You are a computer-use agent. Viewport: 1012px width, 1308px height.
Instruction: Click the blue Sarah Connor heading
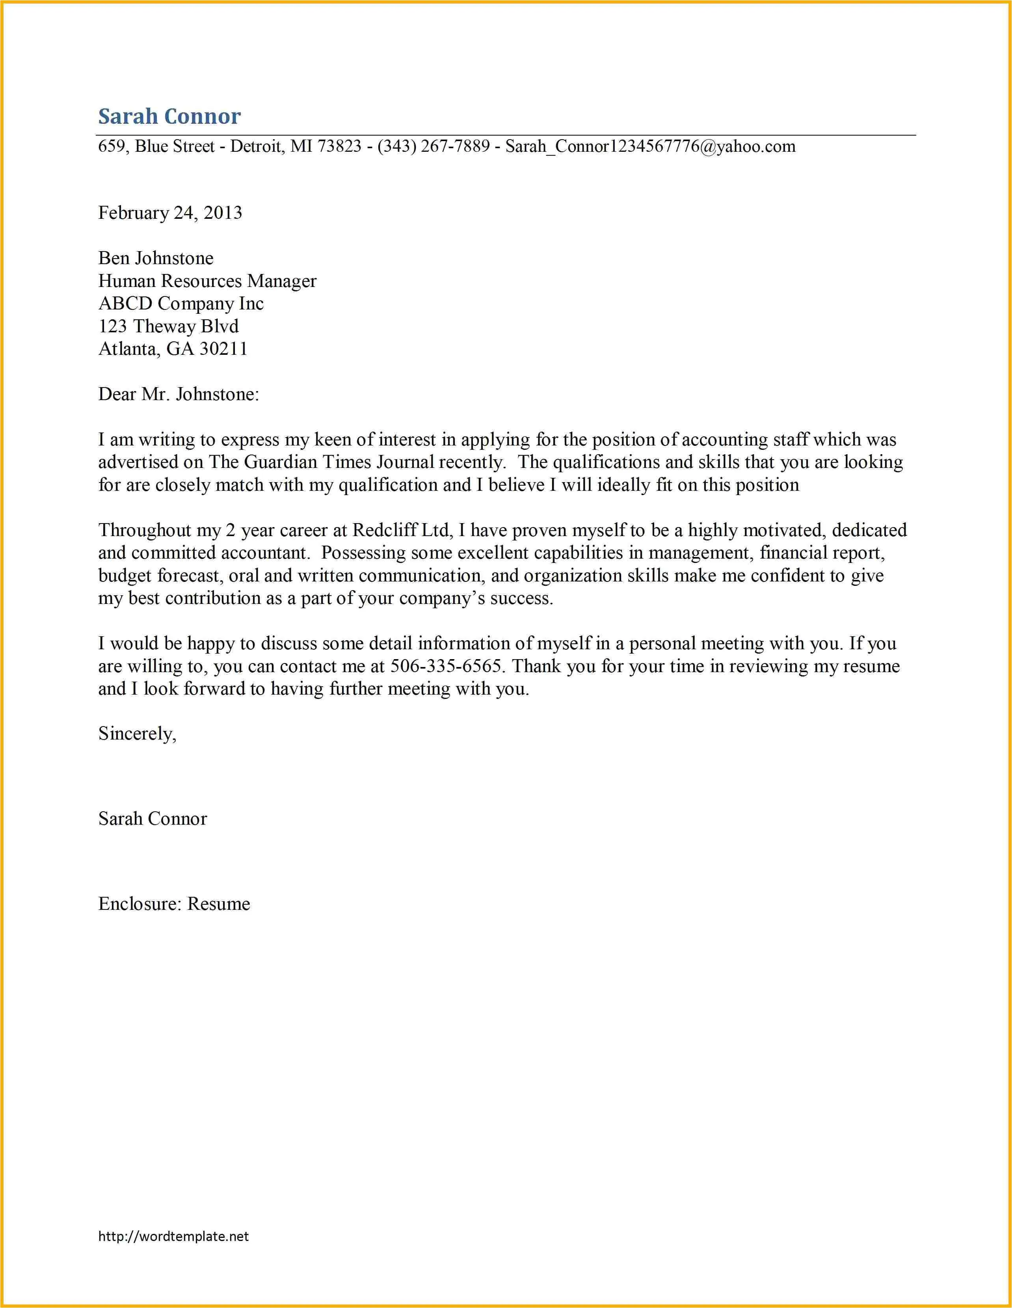tap(169, 116)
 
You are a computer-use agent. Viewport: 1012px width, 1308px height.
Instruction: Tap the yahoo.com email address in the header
tap(650, 146)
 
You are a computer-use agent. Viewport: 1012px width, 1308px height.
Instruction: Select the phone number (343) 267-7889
tap(433, 146)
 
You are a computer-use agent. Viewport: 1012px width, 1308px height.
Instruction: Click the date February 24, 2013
tap(170, 212)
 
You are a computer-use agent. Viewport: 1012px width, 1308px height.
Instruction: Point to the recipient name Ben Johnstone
tap(156, 258)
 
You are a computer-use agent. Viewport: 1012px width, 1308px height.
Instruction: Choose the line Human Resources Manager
tap(207, 281)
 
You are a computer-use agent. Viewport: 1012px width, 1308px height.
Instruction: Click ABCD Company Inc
tap(181, 304)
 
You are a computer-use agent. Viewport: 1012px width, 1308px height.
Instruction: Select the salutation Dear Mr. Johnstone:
tap(179, 394)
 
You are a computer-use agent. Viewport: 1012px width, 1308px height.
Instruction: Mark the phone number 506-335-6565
tap(446, 666)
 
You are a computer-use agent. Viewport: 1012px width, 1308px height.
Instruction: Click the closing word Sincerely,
tap(137, 734)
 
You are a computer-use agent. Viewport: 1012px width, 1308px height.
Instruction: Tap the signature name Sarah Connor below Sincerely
tap(153, 819)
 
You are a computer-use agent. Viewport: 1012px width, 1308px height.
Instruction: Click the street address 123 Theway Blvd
tap(168, 326)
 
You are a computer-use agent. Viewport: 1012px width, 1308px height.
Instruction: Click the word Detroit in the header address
tap(257, 146)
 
